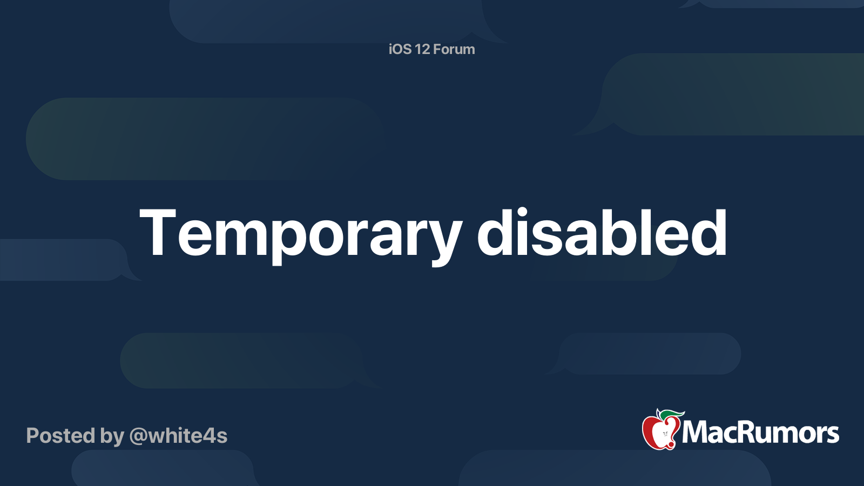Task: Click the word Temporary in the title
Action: click(x=300, y=233)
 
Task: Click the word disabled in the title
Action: click(x=602, y=233)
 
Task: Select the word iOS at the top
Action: click(x=400, y=49)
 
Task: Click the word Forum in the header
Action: click(x=454, y=49)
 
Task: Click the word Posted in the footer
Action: click(x=60, y=436)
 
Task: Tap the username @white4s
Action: click(x=178, y=436)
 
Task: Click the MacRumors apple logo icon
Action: click(x=660, y=430)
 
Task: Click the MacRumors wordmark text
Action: click(x=760, y=433)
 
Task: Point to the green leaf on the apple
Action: click(x=672, y=414)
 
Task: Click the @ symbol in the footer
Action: click(x=138, y=436)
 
